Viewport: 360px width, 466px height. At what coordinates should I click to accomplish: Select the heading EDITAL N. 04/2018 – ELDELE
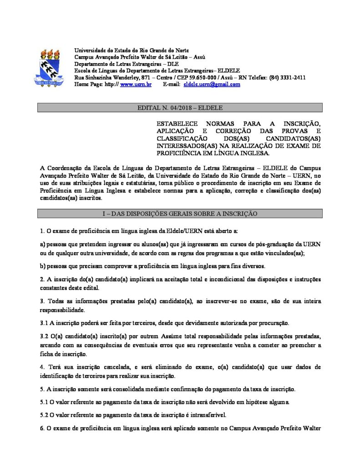(180, 108)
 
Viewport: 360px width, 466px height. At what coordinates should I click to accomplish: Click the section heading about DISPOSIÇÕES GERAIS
(180, 213)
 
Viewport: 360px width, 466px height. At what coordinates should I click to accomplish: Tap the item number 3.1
(45, 323)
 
